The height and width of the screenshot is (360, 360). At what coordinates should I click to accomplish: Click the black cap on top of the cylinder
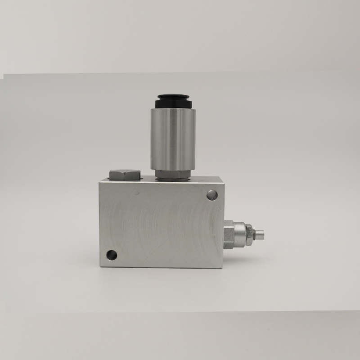[173, 100]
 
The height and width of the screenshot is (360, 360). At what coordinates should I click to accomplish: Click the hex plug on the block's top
[125, 174]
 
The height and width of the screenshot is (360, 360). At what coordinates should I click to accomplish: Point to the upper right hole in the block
[212, 194]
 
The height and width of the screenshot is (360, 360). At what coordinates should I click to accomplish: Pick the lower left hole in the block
[111, 255]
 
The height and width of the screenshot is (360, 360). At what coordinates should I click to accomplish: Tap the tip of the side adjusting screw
[261, 235]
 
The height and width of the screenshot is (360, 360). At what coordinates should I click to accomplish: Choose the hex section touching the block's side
[228, 234]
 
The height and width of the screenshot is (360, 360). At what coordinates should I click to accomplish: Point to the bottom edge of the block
[162, 267]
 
